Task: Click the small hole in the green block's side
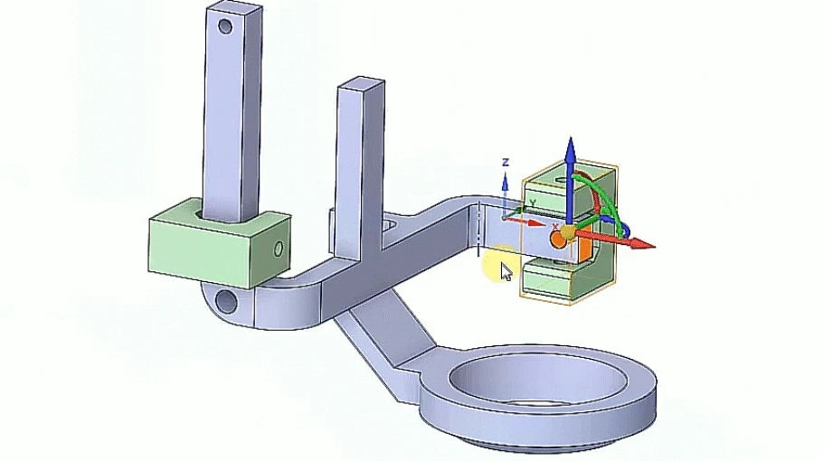[279, 248]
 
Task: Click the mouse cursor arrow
[506, 271]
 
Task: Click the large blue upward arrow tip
[570, 150]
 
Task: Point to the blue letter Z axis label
[506, 163]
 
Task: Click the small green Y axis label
[533, 203]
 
